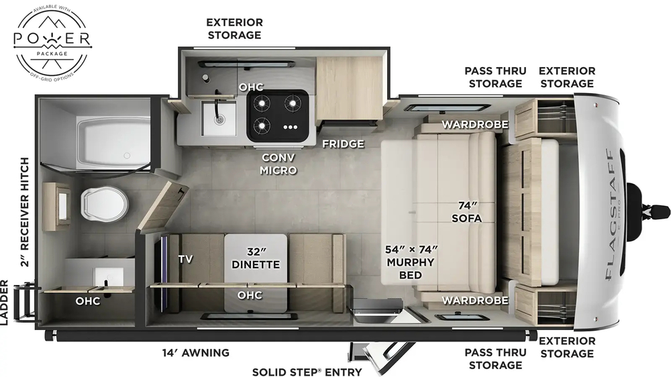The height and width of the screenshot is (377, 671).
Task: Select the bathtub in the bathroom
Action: click(113, 142)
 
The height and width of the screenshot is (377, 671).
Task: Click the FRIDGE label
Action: click(342, 144)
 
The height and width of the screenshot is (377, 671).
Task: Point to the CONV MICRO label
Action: click(278, 164)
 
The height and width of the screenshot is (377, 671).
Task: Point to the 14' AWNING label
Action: click(195, 352)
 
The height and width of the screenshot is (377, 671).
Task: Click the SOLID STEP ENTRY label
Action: click(307, 372)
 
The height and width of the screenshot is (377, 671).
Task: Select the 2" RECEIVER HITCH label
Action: click(25, 212)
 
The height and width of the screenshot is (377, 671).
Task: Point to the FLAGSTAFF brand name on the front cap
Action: click(613, 215)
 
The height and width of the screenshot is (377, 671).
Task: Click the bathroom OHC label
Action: click(87, 301)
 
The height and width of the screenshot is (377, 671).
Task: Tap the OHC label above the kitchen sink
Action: click(252, 87)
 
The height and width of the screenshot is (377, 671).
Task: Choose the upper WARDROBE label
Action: click(475, 124)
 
